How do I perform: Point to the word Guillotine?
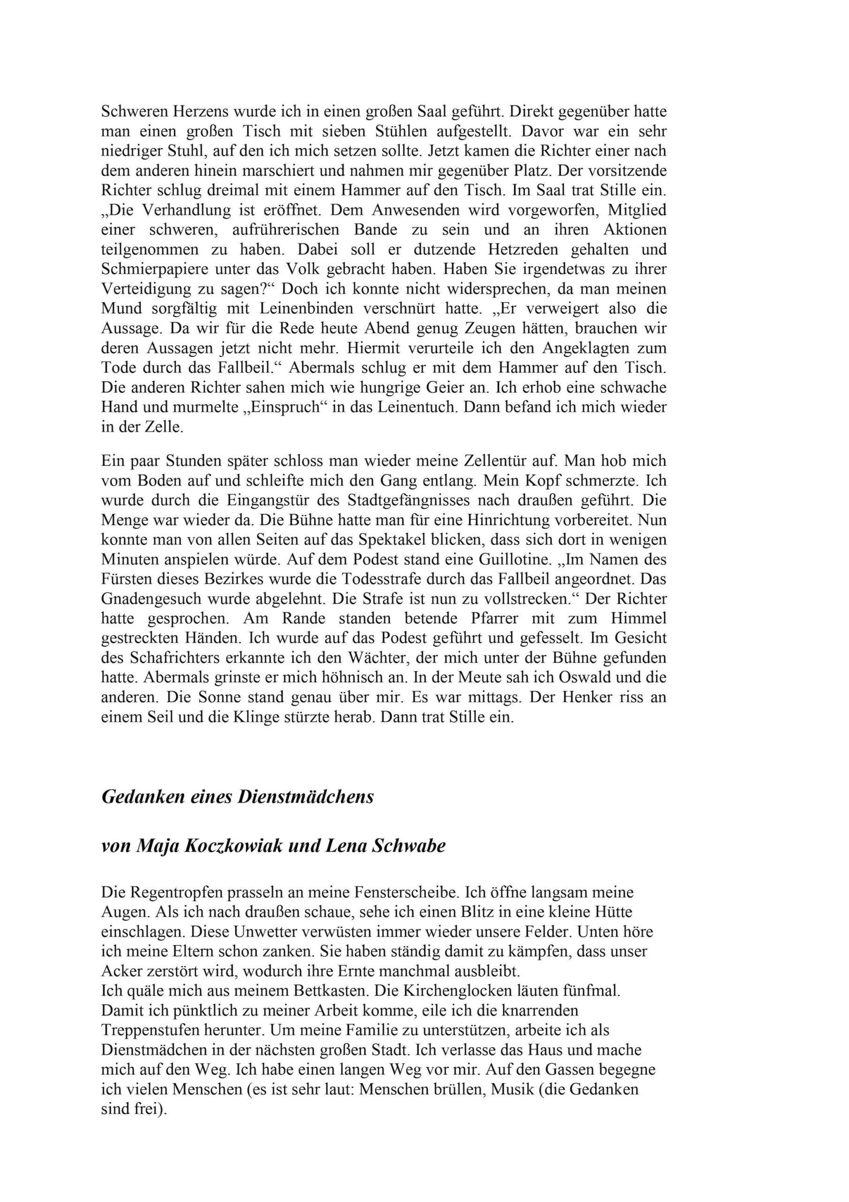point(514,560)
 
